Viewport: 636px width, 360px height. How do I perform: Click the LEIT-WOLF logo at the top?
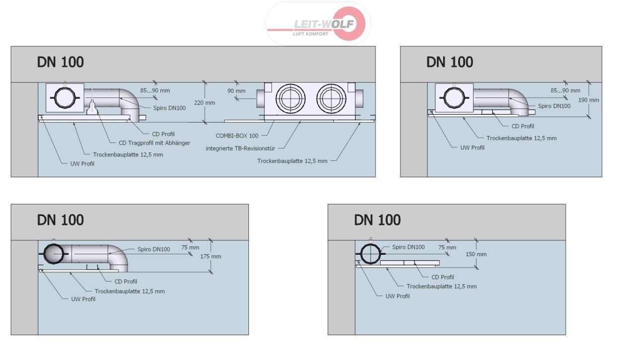[x=318, y=24]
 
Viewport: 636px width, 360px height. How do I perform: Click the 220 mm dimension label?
[x=204, y=103]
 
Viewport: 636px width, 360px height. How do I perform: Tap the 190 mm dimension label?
[x=589, y=100]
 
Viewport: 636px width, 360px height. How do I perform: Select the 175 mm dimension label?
[x=211, y=256]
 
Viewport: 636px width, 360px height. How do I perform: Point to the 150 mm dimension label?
[x=477, y=254]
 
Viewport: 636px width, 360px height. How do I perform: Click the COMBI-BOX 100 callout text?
[x=237, y=135]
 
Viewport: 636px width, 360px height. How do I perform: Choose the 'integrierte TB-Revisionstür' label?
[x=240, y=148]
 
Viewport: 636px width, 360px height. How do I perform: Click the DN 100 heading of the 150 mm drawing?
[x=377, y=219]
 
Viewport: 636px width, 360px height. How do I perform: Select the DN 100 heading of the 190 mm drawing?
[x=450, y=62]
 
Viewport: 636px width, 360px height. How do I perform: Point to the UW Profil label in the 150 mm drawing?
[x=397, y=296]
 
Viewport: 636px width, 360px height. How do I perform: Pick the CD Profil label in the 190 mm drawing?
[x=523, y=126]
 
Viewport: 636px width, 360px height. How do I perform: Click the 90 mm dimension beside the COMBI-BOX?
[x=237, y=91]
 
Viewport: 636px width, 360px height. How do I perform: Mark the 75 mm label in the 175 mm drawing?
[x=190, y=247]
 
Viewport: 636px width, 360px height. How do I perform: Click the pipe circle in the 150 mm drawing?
[x=370, y=253]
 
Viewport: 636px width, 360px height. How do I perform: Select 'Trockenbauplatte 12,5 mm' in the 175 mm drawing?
[x=129, y=291]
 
